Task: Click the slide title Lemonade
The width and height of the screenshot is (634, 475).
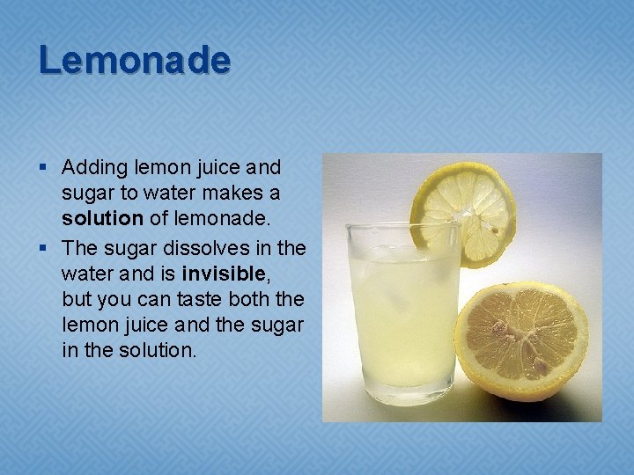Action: coord(134,60)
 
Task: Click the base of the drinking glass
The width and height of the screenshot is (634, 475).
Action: coord(402,394)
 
